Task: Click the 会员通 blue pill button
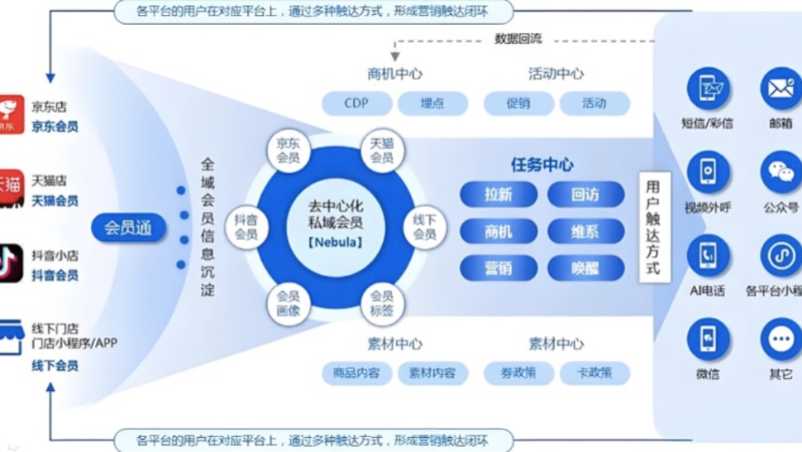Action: [x=128, y=227]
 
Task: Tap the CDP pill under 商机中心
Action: [x=356, y=103]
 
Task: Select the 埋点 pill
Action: [x=432, y=103]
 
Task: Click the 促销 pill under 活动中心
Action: [x=518, y=103]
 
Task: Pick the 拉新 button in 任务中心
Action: [x=498, y=195]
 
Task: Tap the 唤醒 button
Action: [x=585, y=267]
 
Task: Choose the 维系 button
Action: [x=585, y=231]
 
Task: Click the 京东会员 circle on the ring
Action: [x=289, y=151]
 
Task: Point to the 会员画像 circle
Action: [x=289, y=304]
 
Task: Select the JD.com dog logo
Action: [x=11, y=114]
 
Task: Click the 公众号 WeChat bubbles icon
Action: [x=781, y=171]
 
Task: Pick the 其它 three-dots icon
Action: [x=781, y=339]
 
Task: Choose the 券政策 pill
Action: [x=518, y=373]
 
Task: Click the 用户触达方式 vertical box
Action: [x=654, y=227]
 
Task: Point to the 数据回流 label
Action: [x=518, y=39]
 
